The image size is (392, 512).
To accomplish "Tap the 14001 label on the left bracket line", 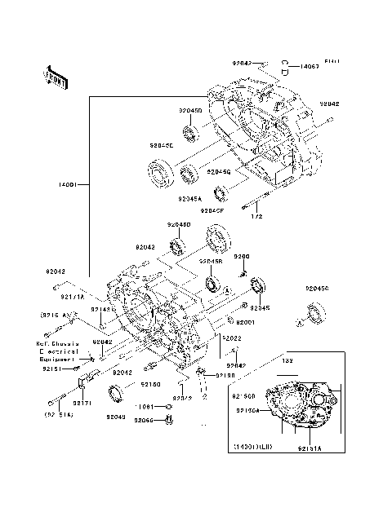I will (x=66, y=185).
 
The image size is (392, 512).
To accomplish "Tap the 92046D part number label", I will (x=179, y=224).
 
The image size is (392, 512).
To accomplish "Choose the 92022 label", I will (x=231, y=337).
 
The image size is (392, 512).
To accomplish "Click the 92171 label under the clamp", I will (x=82, y=403).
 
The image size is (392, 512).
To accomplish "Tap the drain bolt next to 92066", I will (x=169, y=419).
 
